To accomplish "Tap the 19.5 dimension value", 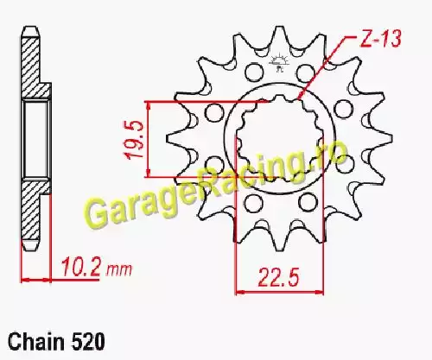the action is (134, 139).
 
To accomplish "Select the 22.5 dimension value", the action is (278, 277).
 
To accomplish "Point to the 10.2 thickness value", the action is (81, 267).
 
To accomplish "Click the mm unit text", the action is (119, 269).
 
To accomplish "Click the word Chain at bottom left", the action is (36, 342).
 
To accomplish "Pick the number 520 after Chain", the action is (87, 342).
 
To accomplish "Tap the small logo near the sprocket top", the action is (278, 63).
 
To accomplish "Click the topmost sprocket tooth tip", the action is (278, 28).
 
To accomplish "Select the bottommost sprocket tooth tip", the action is (278, 250).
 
